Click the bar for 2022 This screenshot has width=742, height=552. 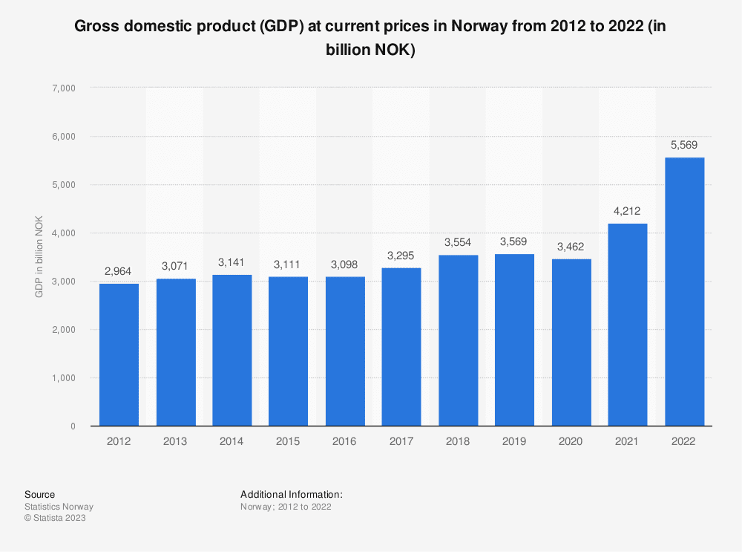click(684, 291)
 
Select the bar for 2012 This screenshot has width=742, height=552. click(119, 354)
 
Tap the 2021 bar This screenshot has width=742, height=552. click(628, 325)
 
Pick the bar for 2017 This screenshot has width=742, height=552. click(401, 347)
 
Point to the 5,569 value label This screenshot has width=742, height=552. click(684, 144)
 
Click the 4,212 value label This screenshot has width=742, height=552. click(628, 210)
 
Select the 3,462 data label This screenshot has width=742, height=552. click(571, 246)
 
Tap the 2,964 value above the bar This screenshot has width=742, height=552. click(119, 270)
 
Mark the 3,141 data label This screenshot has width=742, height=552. click(232, 262)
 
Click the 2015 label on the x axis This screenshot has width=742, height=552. click(288, 441)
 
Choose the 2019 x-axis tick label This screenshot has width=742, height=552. click(514, 441)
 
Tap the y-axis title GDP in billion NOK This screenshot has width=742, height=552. click(39, 257)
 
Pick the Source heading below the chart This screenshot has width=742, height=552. click(39, 494)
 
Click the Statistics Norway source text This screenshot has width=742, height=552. click(59, 507)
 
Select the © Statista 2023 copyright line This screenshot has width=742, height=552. click(56, 518)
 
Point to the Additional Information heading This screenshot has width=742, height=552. click(292, 494)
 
